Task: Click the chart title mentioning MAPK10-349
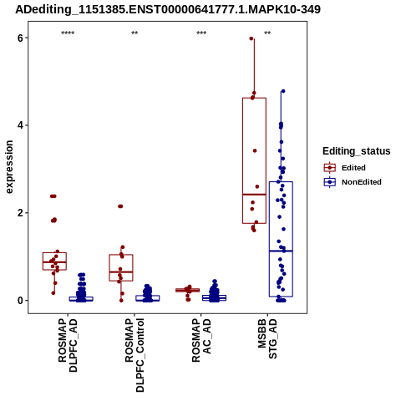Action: click(x=168, y=9)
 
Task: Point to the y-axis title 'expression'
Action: click(x=9, y=167)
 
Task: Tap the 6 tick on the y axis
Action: click(x=20, y=38)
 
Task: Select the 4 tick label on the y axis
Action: click(x=20, y=125)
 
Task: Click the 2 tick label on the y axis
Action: click(x=20, y=213)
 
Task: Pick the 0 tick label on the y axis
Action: click(x=20, y=301)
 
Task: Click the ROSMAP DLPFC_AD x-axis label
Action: click(x=68, y=345)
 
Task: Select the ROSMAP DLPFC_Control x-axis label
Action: click(x=135, y=355)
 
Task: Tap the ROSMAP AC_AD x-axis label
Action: click(x=201, y=340)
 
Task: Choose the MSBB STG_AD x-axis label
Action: click(x=267, y=338)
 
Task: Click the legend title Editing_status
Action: click(x=357, y=151)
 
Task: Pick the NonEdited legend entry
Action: click(x=353, y=182)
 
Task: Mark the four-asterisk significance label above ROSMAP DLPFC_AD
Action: click(x=68, y=33)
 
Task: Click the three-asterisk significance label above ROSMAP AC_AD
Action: click(x=201, y=33)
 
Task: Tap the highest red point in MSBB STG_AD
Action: click(x=251, y=38)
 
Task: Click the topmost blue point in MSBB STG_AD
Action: click(x=283, y=91)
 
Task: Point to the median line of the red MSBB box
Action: click(x=254, y=195)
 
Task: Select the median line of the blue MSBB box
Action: click(x=281, y=251)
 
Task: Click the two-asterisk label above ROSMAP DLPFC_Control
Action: click(x=135, y=33)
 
